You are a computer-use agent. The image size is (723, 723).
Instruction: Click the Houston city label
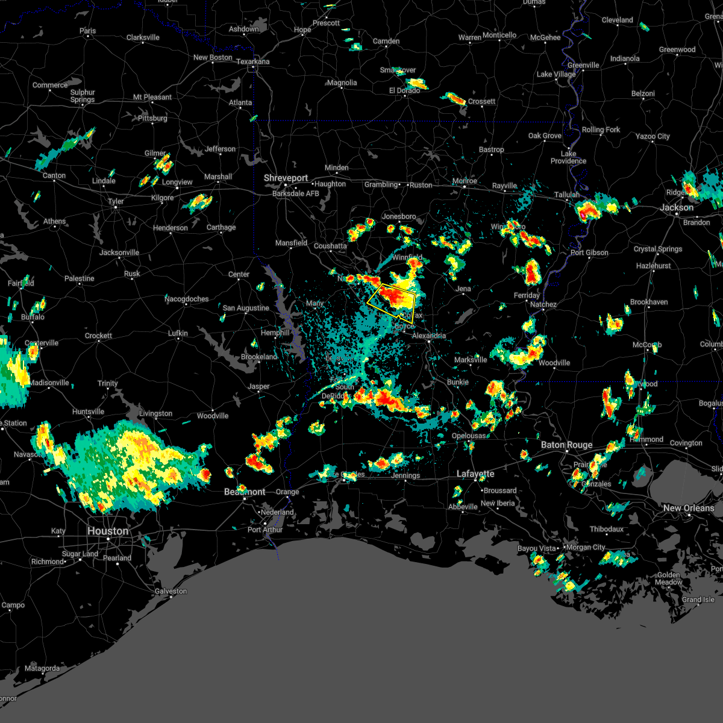click(x=108, y=531)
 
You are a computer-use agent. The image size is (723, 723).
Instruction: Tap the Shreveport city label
click(x=286, y=178)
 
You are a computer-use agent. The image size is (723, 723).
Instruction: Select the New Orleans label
click(x=689, y=508)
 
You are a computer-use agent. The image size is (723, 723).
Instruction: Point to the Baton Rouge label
click(x=566, y=445)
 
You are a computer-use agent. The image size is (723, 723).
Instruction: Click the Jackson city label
click(x=677, y=207)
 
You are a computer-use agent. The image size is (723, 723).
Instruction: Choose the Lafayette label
click(x=475, y=474)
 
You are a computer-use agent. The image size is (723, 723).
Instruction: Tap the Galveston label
click(x=171, y=591)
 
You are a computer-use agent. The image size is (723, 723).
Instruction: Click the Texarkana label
click(x=252, y=61)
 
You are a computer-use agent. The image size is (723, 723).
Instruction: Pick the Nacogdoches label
click(x=187, y=299)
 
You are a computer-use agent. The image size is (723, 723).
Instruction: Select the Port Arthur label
click(x=265, y=530)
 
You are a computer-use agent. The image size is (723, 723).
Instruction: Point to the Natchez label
click(x=543, y=304)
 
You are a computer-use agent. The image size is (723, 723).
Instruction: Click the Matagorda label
click(x=42, y=668)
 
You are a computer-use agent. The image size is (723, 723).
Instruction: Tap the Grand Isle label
click(x=698, y=599)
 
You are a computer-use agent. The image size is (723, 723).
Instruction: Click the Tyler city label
click(x=116, y=201)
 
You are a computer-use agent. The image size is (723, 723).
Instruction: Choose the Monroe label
click(x=465, y=181)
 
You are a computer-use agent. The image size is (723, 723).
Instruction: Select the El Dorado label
click(x=404, y=90)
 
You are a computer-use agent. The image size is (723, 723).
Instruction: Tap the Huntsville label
click(x=89, y=412)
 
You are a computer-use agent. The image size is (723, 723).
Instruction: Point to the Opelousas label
click(x=469, y=436)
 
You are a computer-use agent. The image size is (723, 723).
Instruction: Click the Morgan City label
click(x=586, y=547)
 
